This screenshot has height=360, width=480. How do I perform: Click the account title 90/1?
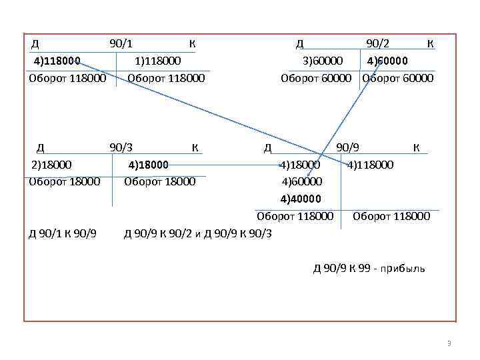[121, 44]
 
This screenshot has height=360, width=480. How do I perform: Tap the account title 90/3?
[121, 147]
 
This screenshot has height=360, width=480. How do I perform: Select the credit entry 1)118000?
[157, 61]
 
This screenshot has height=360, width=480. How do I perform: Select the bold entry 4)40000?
[301, 198]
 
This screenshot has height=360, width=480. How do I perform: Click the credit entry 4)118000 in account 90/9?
[370, 164]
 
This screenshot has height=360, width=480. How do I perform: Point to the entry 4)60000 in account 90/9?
[301, 181]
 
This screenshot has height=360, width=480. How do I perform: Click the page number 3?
[449, 344]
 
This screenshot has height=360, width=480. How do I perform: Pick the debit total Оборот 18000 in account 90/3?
[65, 181]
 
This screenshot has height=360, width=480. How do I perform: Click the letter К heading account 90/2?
[430, 44]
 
